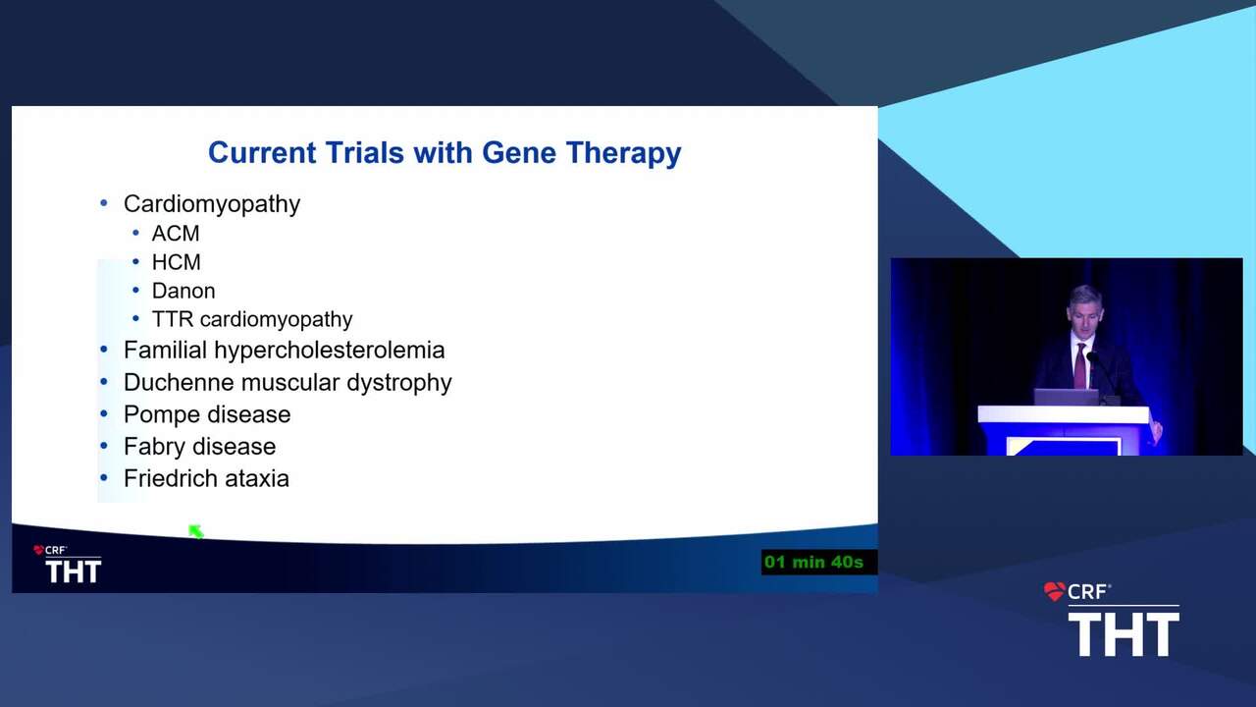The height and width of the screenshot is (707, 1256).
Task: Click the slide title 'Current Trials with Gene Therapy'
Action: (445, 153)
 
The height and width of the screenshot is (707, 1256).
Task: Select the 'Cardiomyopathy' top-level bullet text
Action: (212, 204)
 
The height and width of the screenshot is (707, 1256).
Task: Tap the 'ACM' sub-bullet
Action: (176, 234)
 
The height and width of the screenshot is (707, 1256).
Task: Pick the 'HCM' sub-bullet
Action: (176, 262)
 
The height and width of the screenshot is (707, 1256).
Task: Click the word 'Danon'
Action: (183, 292)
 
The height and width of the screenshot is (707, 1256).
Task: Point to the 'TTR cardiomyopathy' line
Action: (252, 320)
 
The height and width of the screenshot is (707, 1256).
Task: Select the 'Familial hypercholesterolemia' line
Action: (285, 351)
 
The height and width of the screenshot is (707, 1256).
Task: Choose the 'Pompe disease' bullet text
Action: (207, 415)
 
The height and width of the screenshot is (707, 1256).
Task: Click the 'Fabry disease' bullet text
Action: (199, 447)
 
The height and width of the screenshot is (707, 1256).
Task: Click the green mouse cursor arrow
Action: (195, 531)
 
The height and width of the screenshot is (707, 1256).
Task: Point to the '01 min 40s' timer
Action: (813, 563)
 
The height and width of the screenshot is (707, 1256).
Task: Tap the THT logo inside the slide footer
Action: (68, 565)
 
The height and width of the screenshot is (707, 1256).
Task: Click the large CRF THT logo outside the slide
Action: (1112, 620)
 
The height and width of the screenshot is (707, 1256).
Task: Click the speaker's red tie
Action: (1079, 366)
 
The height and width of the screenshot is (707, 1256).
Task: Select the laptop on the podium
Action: (1066, 397)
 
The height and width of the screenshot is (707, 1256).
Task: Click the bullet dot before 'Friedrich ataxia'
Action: (104, 478)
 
